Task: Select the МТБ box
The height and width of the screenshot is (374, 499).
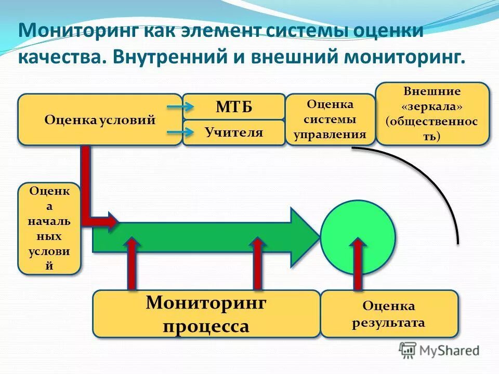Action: pyautogui.click(x=233, y=107)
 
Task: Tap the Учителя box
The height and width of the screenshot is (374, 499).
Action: pyautogui.click(x=233, y=132)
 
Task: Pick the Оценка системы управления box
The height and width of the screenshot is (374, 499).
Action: pyautogui.click(x=330, y=119)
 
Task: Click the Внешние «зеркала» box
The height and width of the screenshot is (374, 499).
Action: pyautogui.click(x=432, y=114)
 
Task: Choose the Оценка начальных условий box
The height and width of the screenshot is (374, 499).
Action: pyautogui.click(x=49, y=229)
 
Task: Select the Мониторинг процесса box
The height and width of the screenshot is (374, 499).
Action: pyautogui.click(x=206, y=314)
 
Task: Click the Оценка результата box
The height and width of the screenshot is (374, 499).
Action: pyautogui.click(x=389, y=314)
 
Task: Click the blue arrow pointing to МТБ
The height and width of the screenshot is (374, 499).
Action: pyautogui.click(x=180, y=107)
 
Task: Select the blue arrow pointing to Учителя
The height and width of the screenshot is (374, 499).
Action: pyautogui.click(x=180, y=132)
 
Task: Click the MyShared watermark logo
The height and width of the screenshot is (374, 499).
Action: pyautogui.click(x=439, y=351)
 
